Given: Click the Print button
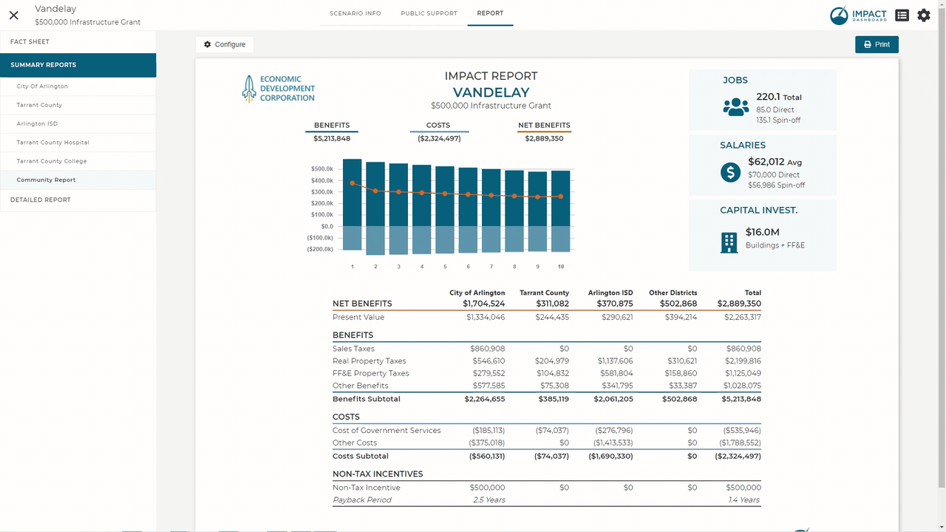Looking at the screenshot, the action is [x=877, y=44].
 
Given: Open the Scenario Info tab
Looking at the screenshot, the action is [x=355, y=13].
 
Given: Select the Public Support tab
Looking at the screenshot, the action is [x=429, y=13].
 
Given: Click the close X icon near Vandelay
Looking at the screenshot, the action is [x=13, y=16].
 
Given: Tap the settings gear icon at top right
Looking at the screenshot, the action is [x=924, y=16].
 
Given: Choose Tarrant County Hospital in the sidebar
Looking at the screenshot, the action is [x=52, y=143].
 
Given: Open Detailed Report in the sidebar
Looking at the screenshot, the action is [x=41, y=199].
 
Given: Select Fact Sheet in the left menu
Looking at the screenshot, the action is [x=30, y=41].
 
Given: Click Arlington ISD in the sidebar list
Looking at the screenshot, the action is [x=37, y=123].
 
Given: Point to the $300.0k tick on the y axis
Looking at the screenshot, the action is [x=322, y=191].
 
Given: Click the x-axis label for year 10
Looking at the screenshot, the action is [x=561, y=267].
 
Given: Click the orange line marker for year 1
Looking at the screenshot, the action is [x=353, y=183].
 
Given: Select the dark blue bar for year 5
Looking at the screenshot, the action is [x=445, y=196].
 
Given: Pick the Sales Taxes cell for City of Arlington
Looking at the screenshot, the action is [x=487, y=348].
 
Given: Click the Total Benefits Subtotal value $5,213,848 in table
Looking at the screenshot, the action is [x=741, y=399].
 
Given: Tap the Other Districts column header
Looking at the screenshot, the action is [x=673, y=293].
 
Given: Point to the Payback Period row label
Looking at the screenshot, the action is [x=362, y=500].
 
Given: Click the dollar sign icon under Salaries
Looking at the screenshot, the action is [x=731, y=172].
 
